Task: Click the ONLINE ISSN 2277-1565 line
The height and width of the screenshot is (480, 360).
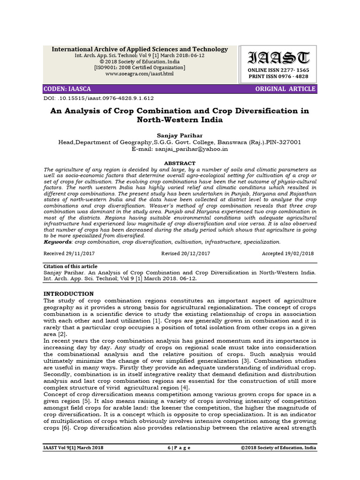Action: tap(278, 70)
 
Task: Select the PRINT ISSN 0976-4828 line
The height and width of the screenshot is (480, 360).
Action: tap(278, 76)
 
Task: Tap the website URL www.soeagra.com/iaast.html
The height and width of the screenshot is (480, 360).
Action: tap(140, 74)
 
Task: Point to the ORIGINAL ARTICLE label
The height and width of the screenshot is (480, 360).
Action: tap(285, 89)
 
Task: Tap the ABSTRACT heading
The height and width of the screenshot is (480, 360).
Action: tap(180, 163)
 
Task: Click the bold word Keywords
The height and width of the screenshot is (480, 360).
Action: tap(58, 242)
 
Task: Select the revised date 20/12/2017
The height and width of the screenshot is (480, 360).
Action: tap(186, 253)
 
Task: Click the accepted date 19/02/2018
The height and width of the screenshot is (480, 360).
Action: tap(288, 253)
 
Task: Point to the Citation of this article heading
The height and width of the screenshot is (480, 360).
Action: tap(70, 266)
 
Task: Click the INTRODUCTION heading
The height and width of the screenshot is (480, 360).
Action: tap(68, 293)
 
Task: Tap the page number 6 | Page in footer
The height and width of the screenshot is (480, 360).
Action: tap(180, 448)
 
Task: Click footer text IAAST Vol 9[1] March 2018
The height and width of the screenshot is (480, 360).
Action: tap(73, 448)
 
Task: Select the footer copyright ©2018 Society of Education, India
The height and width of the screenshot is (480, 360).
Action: tap(278, 448)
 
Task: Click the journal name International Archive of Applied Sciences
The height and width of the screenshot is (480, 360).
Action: tap(140, 49)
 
